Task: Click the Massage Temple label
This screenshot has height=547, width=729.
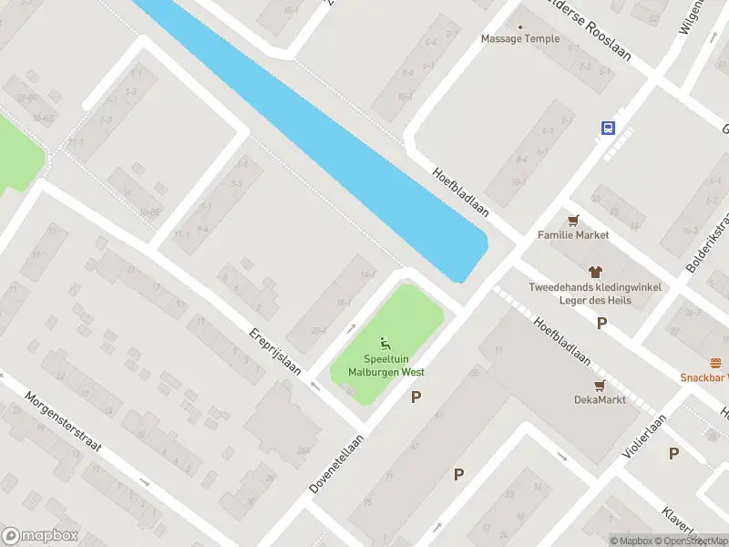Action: tap(520, 39)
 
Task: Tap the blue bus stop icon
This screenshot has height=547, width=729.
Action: tap(608, 129)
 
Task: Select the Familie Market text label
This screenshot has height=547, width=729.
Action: tap(572, 235)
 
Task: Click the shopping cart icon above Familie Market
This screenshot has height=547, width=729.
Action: tap(573, 220)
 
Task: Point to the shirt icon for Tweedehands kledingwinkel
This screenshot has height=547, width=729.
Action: tap(596, 272)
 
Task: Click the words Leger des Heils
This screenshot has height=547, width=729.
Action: tap(596, 300)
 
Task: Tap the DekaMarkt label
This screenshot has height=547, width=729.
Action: tap(600, 400)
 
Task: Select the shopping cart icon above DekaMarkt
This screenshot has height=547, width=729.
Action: tap(600, 386)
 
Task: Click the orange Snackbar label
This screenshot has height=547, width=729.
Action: tap(703, 377)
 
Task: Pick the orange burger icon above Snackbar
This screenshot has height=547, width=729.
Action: tap(716, 362)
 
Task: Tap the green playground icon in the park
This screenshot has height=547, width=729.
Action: tap(385, 344)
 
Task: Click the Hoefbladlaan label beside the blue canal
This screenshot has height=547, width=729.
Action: tap(461, 191)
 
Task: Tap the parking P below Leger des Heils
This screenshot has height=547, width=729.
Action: tap(601, 323)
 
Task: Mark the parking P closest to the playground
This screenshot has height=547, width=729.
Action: tap(416, 397)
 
